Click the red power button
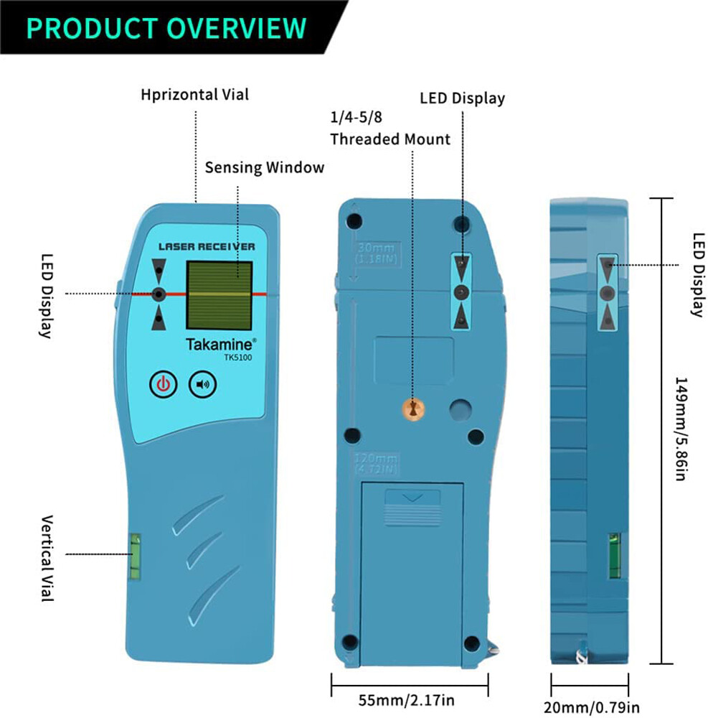click(x=163, y=385)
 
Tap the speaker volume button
click(x=203, y=385)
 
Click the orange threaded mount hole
click(x=412, y=409)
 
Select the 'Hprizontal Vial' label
click(x=194, y=94)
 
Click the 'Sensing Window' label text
click(x=265, y=167)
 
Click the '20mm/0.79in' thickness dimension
click(x=591, y=707)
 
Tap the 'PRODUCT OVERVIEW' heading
click(x=166, y=28)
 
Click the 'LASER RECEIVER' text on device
click(x=206, y=246)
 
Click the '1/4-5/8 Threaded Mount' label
click(x=390, y=128)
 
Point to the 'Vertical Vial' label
click(x=47, y=557)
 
